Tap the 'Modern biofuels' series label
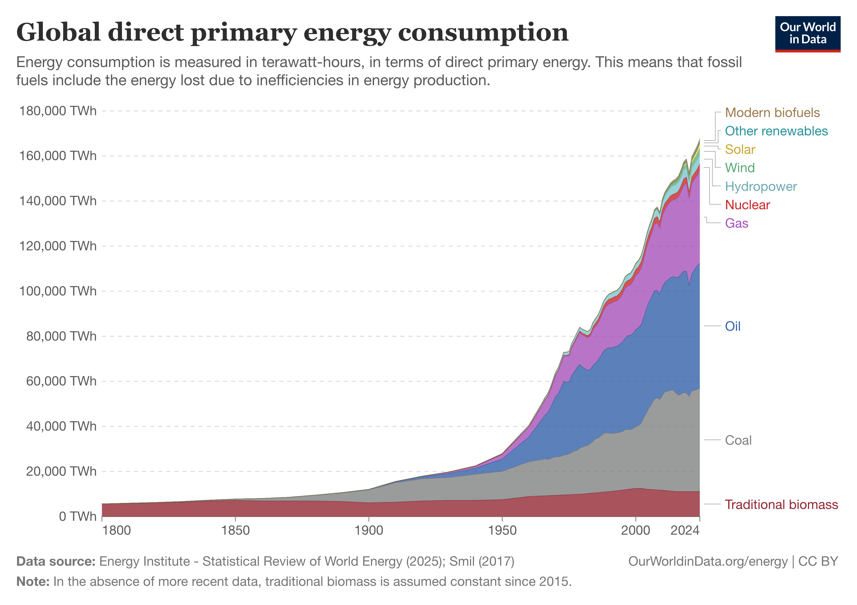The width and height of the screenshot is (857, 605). [772, 113]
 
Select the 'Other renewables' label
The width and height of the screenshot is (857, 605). [776, 131]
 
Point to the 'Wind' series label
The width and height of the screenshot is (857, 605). [740, 168]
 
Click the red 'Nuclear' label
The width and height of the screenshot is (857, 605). [747, 205]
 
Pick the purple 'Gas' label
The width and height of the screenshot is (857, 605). [737, 223]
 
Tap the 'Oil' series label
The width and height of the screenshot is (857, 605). [732, 326]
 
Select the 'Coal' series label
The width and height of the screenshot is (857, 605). [738, 440]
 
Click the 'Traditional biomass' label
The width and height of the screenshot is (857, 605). [781, 505]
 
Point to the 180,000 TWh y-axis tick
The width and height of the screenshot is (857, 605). [58, 111]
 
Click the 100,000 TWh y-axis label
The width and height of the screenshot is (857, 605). [58, 291]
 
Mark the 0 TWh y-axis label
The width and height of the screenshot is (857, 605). [78, 517]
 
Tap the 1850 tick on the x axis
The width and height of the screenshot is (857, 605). [235, 530]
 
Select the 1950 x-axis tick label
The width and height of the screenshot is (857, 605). [502, 530]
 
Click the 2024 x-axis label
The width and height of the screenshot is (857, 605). [685, 530]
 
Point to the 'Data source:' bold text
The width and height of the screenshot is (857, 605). [56, 561]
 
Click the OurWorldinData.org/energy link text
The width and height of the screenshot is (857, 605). [708, 561]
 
